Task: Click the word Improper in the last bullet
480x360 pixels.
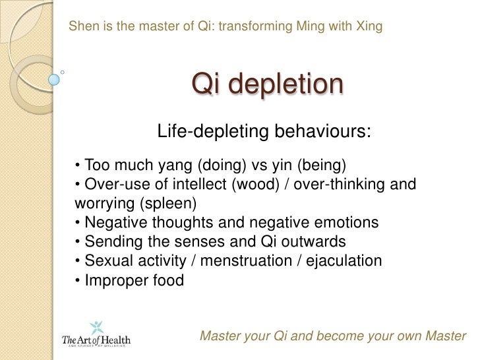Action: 115,280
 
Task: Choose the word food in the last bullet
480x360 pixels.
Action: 167,280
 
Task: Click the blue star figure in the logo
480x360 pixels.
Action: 96,326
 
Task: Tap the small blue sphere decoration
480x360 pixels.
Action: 54,80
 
